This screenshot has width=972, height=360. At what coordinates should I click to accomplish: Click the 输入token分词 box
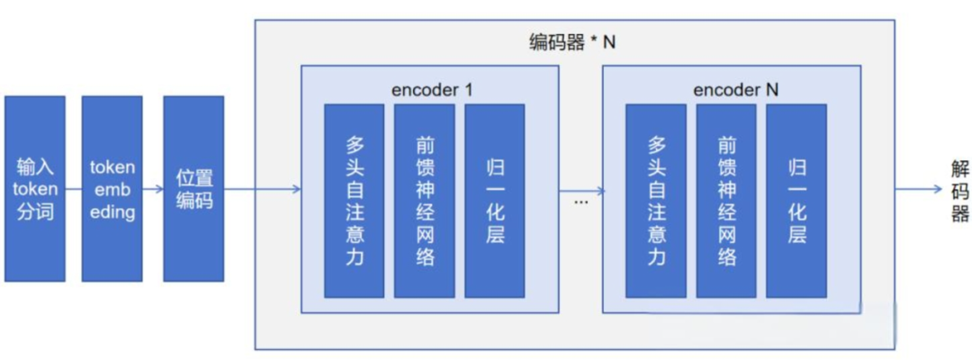pos(34,188)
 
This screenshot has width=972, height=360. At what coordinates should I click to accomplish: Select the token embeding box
pos(112,188)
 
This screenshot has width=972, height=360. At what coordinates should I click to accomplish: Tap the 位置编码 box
pos(193,188)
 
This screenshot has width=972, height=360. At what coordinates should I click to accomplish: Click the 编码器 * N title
pos(572,42)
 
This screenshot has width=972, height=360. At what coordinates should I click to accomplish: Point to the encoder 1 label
pos(432,90)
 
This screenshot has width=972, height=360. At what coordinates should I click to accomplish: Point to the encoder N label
pos(736,90)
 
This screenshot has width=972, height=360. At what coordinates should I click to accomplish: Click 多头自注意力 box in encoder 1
pos(354,200)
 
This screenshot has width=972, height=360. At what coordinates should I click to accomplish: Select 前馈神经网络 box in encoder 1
pos(424,200)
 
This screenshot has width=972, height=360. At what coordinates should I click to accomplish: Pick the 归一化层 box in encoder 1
pos(494,200)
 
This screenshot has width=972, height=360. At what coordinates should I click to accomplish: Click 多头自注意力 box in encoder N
pos(656,200)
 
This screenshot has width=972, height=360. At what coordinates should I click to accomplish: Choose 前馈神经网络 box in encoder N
pos(726,200)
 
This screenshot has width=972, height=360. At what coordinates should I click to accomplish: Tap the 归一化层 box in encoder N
pos(796,200)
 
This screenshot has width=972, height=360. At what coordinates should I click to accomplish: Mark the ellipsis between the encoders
pos(580,201)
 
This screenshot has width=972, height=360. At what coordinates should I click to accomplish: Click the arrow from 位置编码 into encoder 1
pos(261,189)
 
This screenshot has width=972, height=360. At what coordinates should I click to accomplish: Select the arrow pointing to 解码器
pos(918,189)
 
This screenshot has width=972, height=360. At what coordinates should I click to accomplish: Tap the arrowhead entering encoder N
pos(597,189)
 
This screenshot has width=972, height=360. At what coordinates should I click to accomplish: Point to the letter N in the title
pos(609,42)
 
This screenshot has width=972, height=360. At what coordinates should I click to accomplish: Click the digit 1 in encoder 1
pos(468,90)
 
